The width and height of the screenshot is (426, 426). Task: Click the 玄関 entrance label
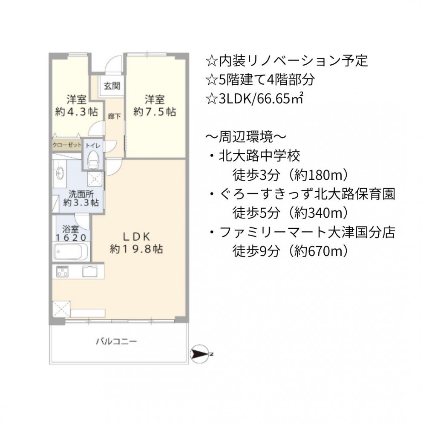coord(112,86)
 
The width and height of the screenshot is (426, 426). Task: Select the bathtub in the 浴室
coord(71,252)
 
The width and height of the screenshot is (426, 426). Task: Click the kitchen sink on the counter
coord(89,271)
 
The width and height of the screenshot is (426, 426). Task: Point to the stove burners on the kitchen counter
coord(63,271)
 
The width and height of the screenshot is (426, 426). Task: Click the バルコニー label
coord(116,341)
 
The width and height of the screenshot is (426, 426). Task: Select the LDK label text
coord(136,237)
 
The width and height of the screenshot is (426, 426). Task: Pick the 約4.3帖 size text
coord(76,112)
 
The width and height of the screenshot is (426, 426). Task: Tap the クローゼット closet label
coord(66,145)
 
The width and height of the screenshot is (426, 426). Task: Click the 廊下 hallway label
coord(114,117)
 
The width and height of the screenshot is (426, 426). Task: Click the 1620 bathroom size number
coord(71,238)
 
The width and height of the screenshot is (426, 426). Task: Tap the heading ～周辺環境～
coord(246,137)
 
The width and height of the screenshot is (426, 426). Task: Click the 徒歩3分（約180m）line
coord(290,175)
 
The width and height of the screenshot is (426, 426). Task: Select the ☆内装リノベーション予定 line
coord(287,60)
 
